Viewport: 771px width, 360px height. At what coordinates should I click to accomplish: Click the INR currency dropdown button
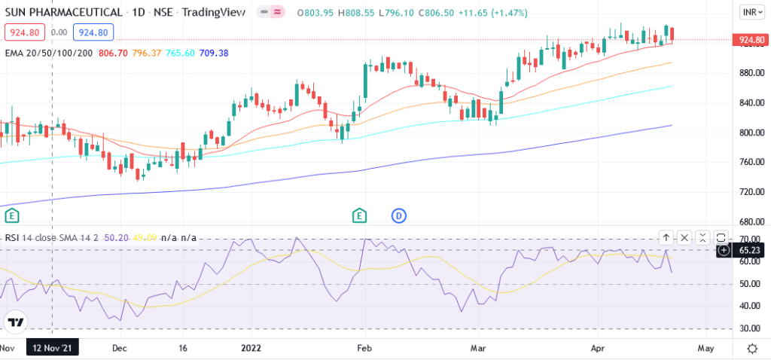[750, 13]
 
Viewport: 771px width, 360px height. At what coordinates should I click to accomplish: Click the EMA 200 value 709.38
[215, 53]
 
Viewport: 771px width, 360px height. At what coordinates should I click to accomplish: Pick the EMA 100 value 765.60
[181, 53]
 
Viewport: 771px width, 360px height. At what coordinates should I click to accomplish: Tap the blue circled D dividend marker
[398, 216]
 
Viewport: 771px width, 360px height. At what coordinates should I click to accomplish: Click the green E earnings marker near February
[360, 216]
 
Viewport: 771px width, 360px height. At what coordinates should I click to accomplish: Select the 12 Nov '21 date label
[51, 349]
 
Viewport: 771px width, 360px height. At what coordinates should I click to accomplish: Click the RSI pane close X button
[684, 238]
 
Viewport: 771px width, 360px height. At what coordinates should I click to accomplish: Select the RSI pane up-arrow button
[666, 238]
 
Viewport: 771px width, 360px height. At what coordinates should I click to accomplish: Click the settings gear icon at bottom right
[751, 349]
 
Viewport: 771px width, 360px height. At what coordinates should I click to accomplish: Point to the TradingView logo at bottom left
[15, 322]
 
